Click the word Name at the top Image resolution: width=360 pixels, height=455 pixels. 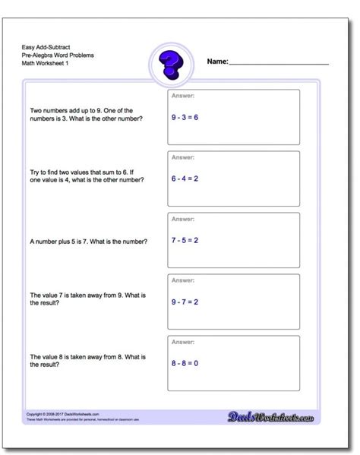[x=217, y=63]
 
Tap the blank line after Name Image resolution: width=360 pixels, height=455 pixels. [x=279, y=64]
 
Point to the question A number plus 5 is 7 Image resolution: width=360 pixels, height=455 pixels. [x=89, y=242]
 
